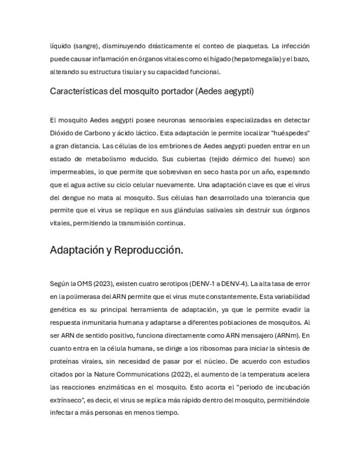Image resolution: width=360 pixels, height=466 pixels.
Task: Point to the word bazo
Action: coord(302,58)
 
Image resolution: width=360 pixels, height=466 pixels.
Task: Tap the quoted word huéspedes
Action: coord(290,133)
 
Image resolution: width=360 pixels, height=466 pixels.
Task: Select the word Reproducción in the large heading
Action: coord(149,250)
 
